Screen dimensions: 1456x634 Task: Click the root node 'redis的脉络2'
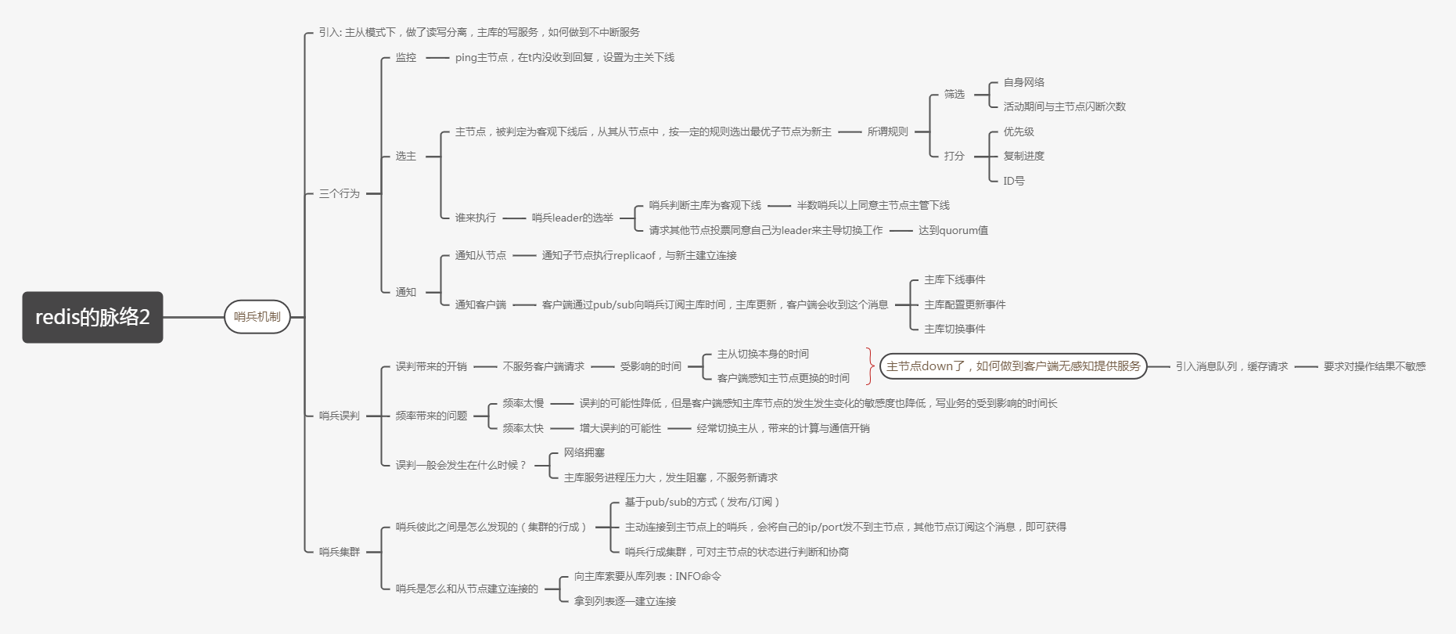[92, 317]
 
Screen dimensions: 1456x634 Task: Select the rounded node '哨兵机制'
[257, 317]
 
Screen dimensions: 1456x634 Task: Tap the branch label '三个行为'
[339, 193]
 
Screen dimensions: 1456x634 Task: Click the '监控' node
[406, 57]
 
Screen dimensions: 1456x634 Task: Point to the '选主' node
[406, 156]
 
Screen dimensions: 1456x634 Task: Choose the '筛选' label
[954, 94]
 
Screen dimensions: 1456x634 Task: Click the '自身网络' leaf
[1023, 82]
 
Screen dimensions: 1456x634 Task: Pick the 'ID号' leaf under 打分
[1013, 181]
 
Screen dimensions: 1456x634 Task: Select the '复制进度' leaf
[1023, 156]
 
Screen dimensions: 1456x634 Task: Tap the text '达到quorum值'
[952, 230]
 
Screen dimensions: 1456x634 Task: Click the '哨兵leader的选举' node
[572, 218]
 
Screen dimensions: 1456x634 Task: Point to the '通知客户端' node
[480, 304]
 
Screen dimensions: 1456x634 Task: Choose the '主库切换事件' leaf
[954, 329]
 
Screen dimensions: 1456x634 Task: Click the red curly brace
[870, 366]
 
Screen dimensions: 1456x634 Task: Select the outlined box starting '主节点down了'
[1013, 366]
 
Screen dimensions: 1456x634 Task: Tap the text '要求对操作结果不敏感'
[1374, 366]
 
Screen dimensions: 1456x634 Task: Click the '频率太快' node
[523, 428]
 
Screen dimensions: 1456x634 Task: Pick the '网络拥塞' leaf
[584, 452]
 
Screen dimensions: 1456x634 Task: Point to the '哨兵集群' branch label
[339, 552]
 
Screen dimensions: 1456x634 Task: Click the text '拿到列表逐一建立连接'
[624, 601]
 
